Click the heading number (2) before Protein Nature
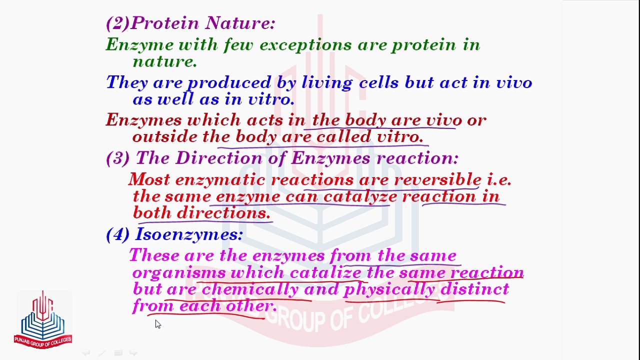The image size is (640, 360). tap(117, 23)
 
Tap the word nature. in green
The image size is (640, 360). tap(164, 61)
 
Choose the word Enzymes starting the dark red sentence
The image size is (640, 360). tap(143, 120)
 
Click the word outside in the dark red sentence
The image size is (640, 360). tap(165, 136)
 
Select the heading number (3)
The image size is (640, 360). tap(117, 158)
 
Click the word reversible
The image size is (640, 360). tap(438, 180)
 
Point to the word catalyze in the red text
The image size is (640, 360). tap(360, 196)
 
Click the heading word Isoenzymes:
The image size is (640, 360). tap(188, 234)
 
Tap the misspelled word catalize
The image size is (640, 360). tap(325, 273)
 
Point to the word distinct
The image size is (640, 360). tap(474, 289)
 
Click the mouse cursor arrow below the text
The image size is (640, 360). tap(157, 324)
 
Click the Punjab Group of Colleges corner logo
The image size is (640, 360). tap(43, 319)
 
